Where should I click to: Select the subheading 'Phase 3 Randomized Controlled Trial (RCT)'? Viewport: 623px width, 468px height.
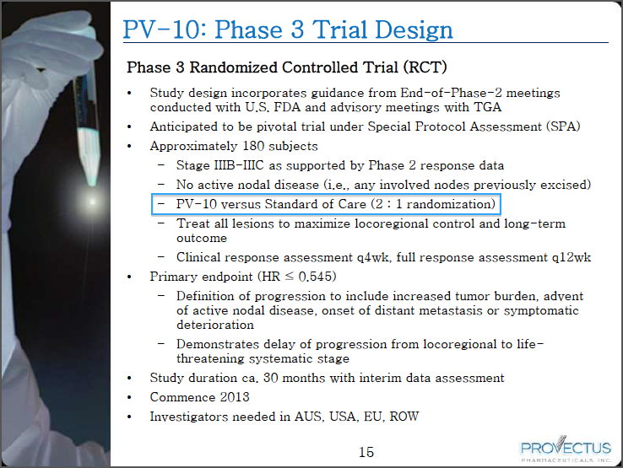(x=286, y=67)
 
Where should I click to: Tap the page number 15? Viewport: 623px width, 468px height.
(x=366, y=453)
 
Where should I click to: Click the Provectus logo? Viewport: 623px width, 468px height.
(x=566, y=450)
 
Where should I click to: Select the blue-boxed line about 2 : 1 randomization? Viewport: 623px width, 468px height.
(x=326, y=204)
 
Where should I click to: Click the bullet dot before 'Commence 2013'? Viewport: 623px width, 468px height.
(x=129, y=398)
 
